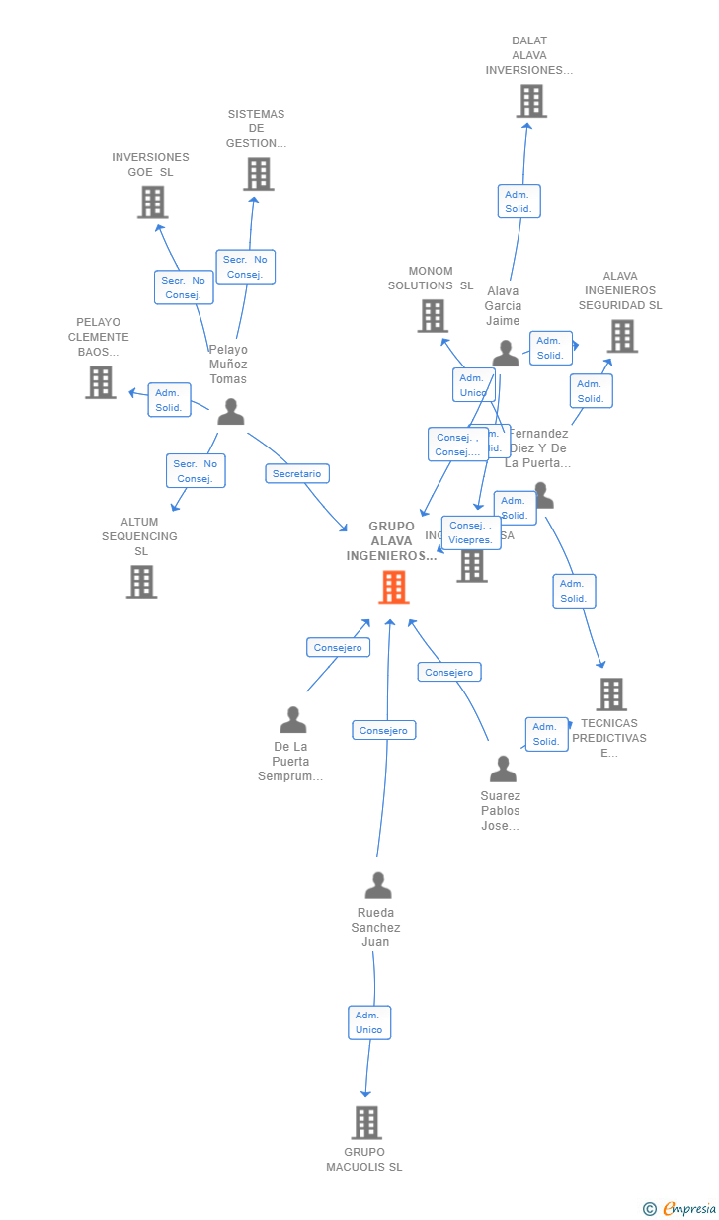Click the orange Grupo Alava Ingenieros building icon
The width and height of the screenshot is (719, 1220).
pos(393,587)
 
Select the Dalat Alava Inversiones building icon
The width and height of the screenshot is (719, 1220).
pos(531,101)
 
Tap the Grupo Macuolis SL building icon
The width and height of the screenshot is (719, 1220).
pos(366,1122)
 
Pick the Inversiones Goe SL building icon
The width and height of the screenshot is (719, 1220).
pos(152,202)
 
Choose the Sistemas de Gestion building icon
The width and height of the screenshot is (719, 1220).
pos(259,174)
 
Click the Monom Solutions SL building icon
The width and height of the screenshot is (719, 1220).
pos(433,316)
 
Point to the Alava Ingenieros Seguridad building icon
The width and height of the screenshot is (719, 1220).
pos(622,336)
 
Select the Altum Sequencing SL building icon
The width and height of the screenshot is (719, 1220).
pos(141,582)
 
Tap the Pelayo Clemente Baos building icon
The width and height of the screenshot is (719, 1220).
pos(100,382)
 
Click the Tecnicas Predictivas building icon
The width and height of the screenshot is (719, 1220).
pos(611,694)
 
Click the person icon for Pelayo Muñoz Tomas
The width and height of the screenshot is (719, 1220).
pos(230,412)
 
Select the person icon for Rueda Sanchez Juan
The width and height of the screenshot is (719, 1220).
pos(378,886)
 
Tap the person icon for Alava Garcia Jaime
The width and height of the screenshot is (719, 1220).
pos(506,354)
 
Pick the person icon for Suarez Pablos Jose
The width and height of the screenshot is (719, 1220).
pos(503,769)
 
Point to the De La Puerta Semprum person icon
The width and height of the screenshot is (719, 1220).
pos(292,720)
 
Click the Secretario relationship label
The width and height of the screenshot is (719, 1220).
pos(297,474)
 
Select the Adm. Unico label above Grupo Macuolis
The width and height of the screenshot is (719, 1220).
pos(369,1022)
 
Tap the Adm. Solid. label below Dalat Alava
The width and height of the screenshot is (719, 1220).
pos(519,202)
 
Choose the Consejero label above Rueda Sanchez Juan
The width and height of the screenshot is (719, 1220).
pos(384,731)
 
